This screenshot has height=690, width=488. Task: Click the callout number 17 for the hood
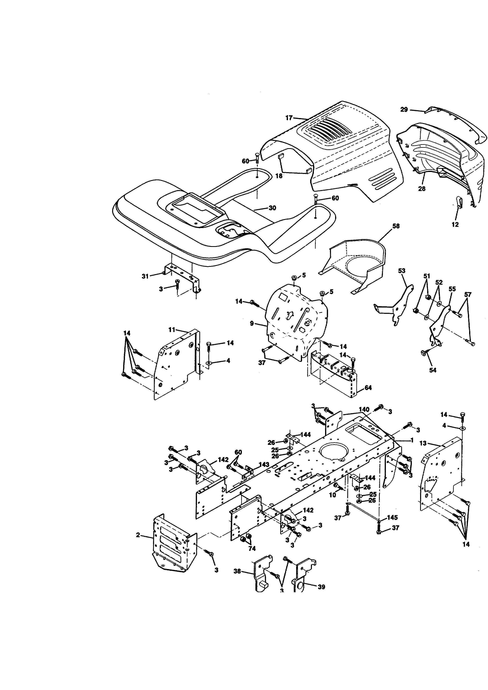click(289, 118)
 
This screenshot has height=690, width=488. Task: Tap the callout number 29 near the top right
click(404, 110)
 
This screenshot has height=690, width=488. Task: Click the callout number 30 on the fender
click(272, 208)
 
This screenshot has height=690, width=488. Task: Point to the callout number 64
click(368, 388)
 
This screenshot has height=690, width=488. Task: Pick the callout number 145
click(392, 517)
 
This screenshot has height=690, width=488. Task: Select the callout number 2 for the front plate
click(138, 535)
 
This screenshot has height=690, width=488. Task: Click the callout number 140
click(364, 410)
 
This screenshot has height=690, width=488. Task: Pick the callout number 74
click(252, 549)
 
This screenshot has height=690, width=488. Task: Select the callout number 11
click(172, 330)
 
